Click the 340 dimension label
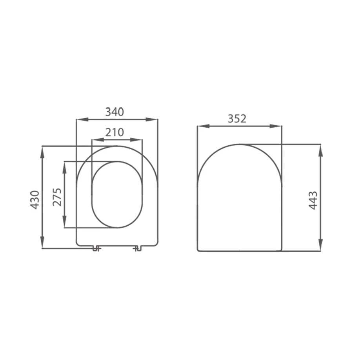(114, 112)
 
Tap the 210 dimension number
(114, 132)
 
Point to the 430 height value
(35, 199)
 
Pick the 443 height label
(313, 200)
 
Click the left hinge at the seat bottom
(95, 248)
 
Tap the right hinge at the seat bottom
(137, 248)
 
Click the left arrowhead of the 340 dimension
(80, 119)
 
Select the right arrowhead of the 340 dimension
(154, 119)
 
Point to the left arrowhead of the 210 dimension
(95, 140)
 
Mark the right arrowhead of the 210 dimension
(138, 140)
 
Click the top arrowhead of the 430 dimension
(42, 150)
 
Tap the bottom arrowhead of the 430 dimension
(42, 244)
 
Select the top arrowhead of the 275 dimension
(64, 166)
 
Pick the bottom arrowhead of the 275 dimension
(64, 223)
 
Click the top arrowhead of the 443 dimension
(320, 149)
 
